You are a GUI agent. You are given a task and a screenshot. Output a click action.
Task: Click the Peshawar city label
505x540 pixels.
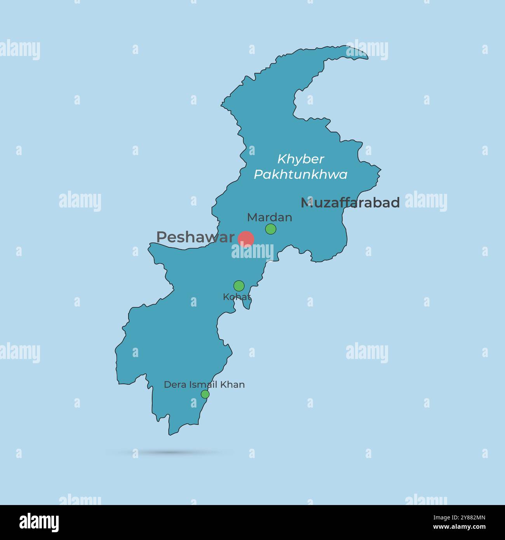(x=195, y=237)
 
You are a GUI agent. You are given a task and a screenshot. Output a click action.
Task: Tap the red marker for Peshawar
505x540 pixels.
(x=246, y=239)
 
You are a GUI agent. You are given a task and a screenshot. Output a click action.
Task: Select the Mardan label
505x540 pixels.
(x=270, y=217)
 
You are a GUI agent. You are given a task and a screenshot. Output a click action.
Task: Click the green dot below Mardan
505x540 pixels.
(x=271, y=229)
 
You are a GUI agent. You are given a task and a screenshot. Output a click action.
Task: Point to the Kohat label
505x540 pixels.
(x=237, y=297)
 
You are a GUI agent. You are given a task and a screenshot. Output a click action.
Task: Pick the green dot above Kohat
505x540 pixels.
(x=239, y=286)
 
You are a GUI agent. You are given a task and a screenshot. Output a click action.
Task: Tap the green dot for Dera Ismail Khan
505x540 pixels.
(x=205, y=394)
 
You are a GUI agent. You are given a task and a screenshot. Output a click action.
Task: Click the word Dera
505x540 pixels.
(x=175, y=385)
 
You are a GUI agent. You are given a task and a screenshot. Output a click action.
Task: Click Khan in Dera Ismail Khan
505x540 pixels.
(x=233, y=385)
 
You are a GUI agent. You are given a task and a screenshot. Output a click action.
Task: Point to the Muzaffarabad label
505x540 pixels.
(x=350, y=202)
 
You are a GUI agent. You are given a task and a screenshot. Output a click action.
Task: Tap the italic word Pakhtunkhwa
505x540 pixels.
(x=301, y=175)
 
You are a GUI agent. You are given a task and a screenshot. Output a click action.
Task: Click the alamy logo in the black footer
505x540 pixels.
(x=39, y=523)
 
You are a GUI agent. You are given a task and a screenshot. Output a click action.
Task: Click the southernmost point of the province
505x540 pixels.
(x=170, y=434)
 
